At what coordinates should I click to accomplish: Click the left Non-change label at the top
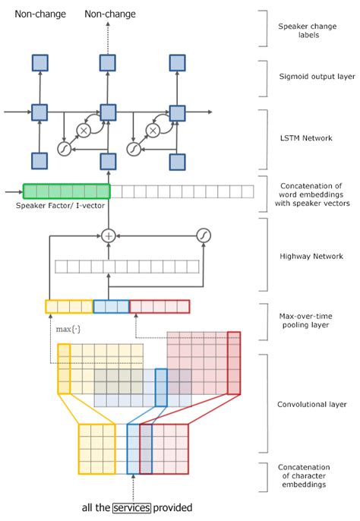(x=39, y=14)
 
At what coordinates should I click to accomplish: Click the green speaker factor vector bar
(x=66, y=191)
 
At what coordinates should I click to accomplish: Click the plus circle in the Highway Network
(x=108, y=236)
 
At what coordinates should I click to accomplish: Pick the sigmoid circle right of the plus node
(x=203, y=235)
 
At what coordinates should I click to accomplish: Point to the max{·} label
(x=68, y=330)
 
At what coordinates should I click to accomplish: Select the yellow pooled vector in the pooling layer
(x=68, y=307)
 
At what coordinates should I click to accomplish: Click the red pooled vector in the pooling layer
(x=159, y=307)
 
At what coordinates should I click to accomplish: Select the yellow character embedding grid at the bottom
(x=96, y=449)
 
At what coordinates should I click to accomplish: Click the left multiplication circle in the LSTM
(x=84, y=131)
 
